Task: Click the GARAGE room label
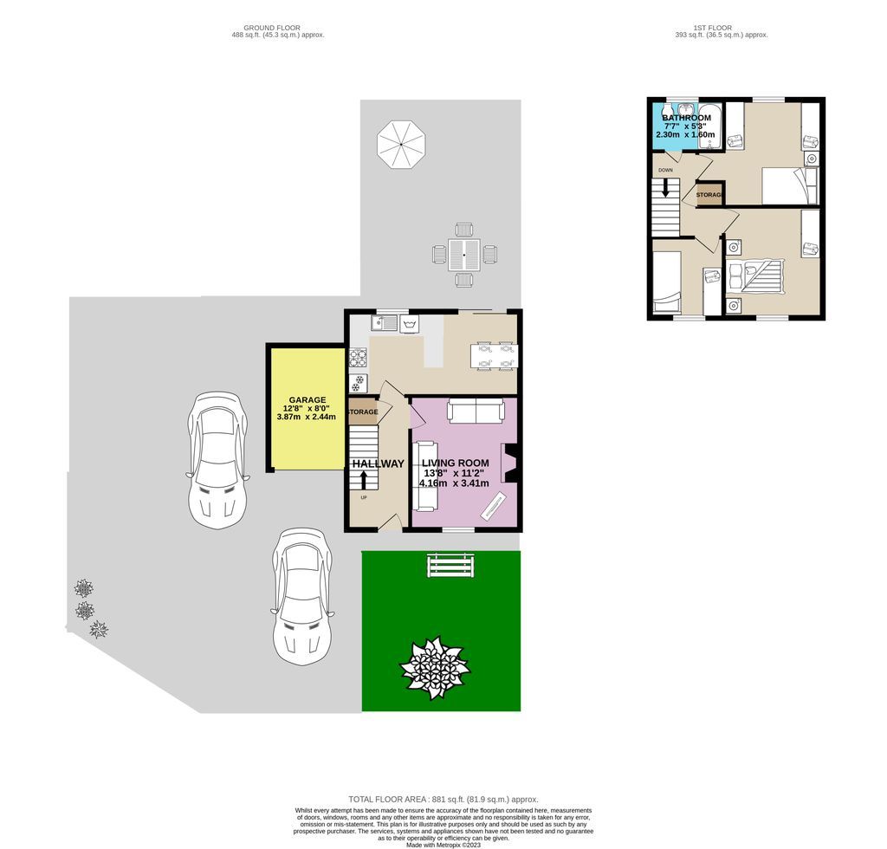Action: [x=308, y=400]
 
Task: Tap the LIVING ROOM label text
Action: [x=456, y=463]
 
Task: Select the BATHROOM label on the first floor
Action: [x=685, y=118]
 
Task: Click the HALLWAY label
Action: [x=378, y=463]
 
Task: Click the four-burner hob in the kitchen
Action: [x=358, y=357]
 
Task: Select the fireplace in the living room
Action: [x=509, y=463]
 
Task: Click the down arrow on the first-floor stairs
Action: [x=665, y=187]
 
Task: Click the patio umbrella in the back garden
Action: [x=401, y=145]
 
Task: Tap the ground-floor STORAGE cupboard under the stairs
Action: [x=363, y=412]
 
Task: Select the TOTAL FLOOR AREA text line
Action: [x=443, y=799]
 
